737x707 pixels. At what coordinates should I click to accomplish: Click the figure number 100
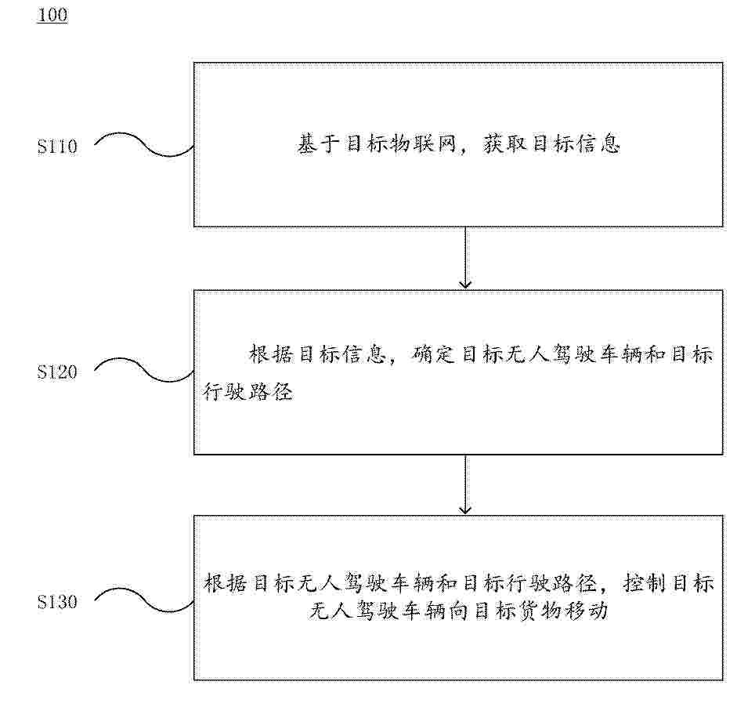[52, 15]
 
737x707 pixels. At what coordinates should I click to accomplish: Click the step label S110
[57, 147]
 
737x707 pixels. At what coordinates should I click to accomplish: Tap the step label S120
[57, 372]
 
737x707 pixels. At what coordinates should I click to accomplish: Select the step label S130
[57, 602]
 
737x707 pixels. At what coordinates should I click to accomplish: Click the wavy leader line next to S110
[144, 145]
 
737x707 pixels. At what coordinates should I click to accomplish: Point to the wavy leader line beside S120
[144, 370]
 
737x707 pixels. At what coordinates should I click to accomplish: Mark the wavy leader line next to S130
[144, 600]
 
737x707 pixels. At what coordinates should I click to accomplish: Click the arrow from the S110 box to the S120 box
[465, 258]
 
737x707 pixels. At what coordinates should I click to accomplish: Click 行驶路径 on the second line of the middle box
[248, 391]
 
